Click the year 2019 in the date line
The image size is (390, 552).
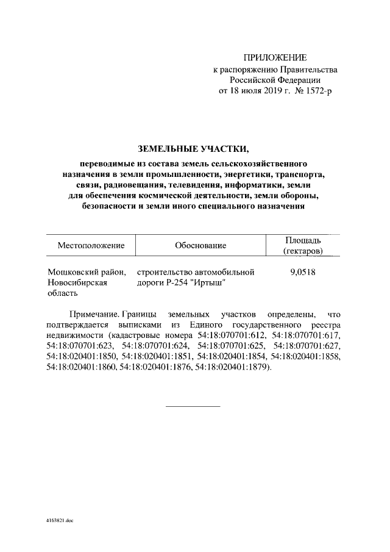pyautogui.click(x=267, y=91)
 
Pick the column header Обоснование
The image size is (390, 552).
pyautogui.click(x=200, y=246)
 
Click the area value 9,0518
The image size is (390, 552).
pyautogui.click(x=303, y=272)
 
